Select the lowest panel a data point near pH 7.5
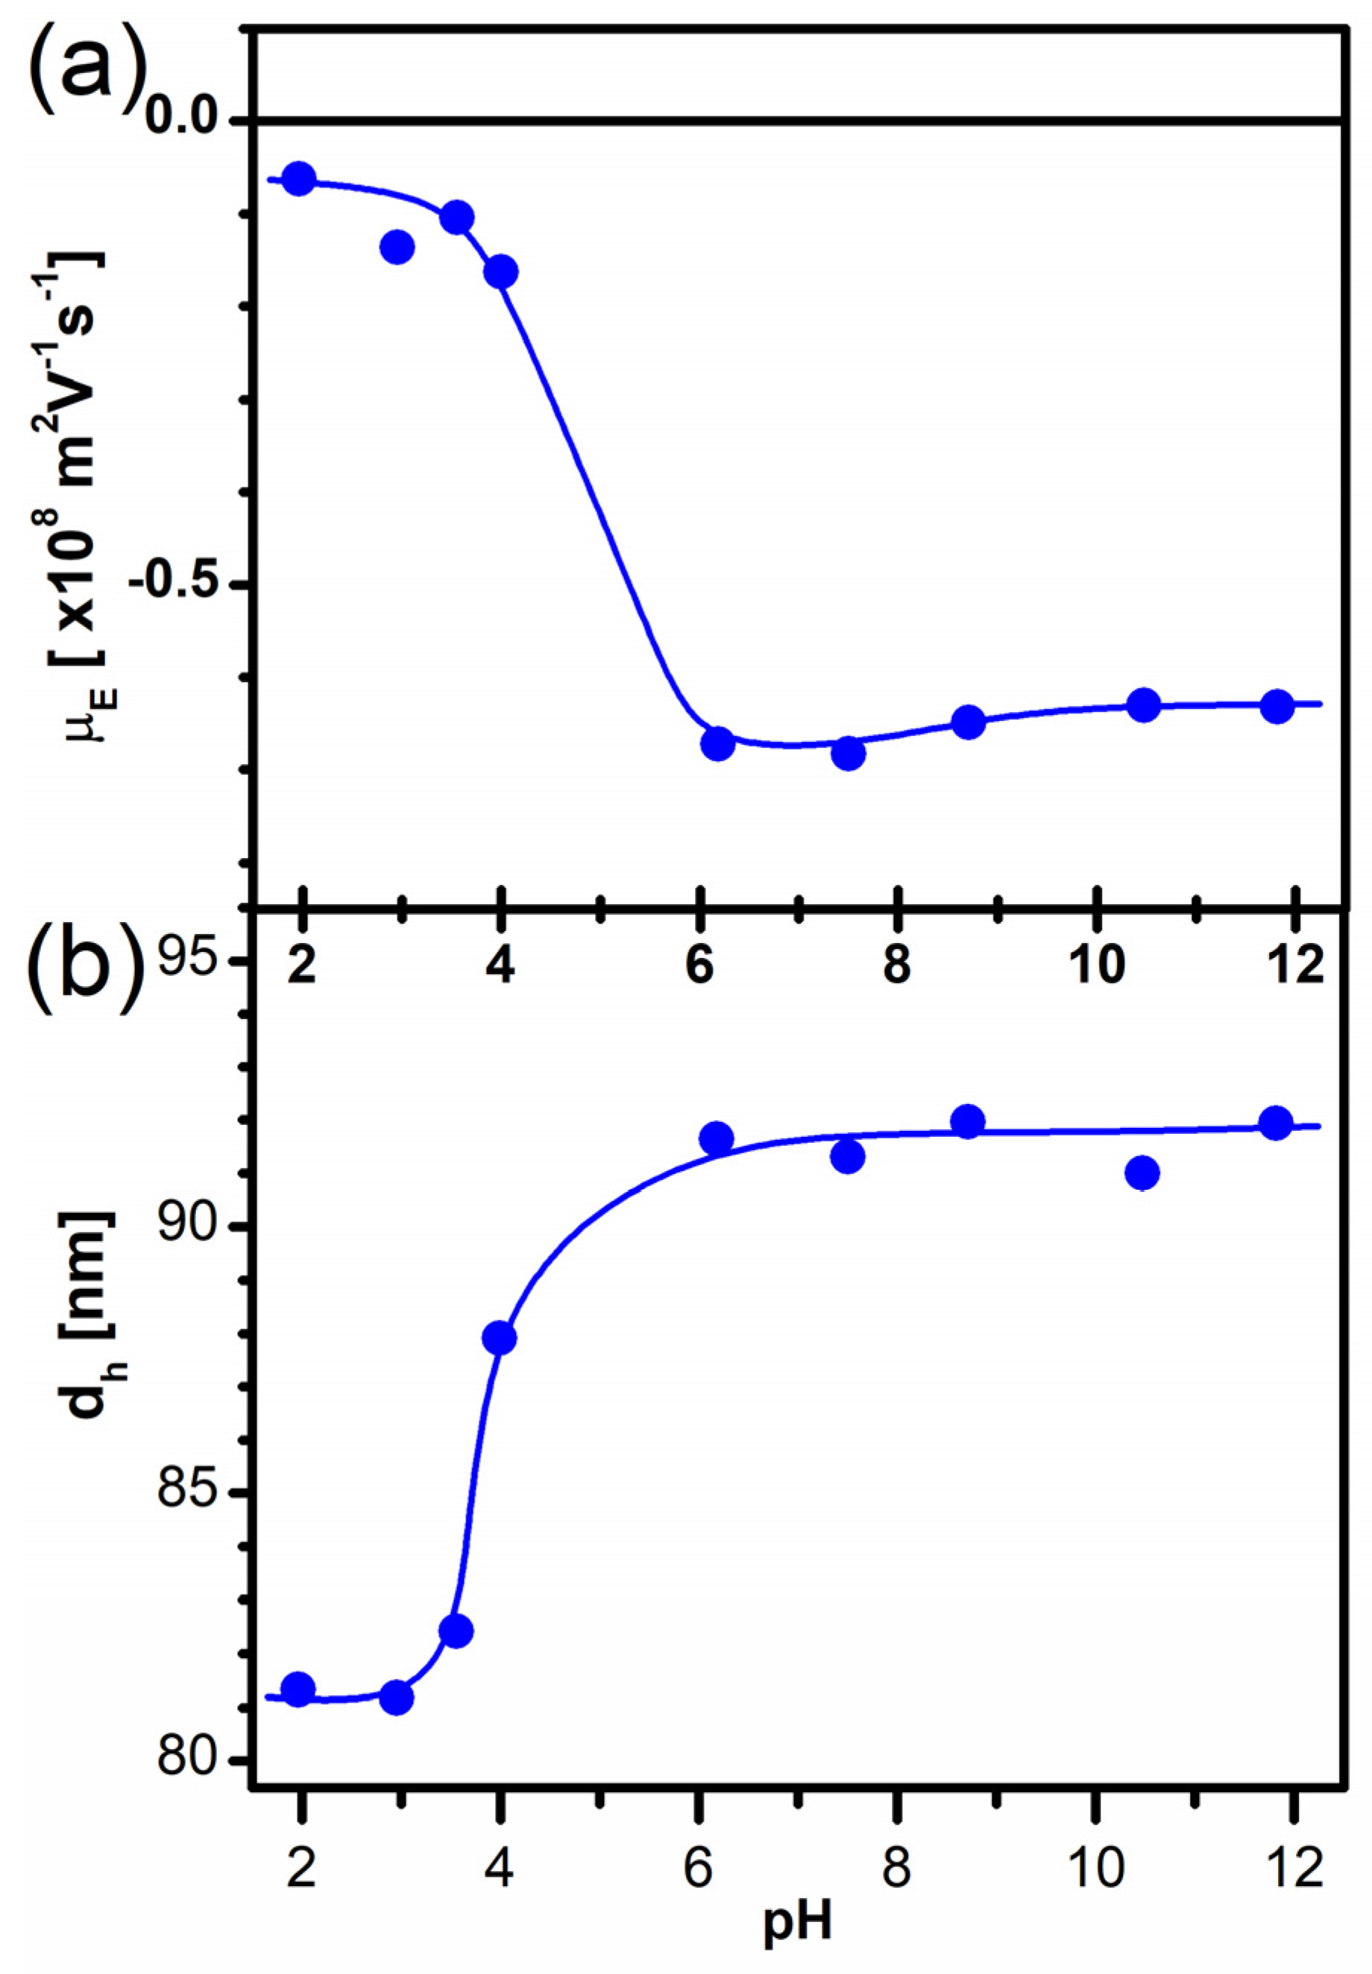tap(848, 753)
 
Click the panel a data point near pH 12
tap(1277, 707)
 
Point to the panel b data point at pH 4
tap(500, 1338)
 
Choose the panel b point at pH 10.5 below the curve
tap(1142, 1172)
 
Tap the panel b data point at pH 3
tap(396, 1697)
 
